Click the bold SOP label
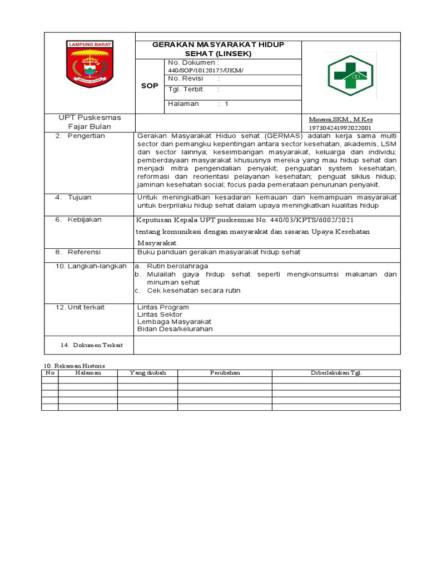coord(150,86)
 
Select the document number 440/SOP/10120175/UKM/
coord(205,71)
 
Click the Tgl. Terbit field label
coord(185,89)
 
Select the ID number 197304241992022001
coord(340,127)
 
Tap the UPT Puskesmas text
coord(90,117)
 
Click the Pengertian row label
coord(86,136)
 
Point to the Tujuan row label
coord(80,197)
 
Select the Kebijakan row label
coord(85,219)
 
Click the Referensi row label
coord(85,252)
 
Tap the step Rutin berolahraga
coord(177,266)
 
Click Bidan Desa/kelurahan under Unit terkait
coord(175,328)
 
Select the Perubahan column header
coord(225,373)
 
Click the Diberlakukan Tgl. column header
coord(336,373)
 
